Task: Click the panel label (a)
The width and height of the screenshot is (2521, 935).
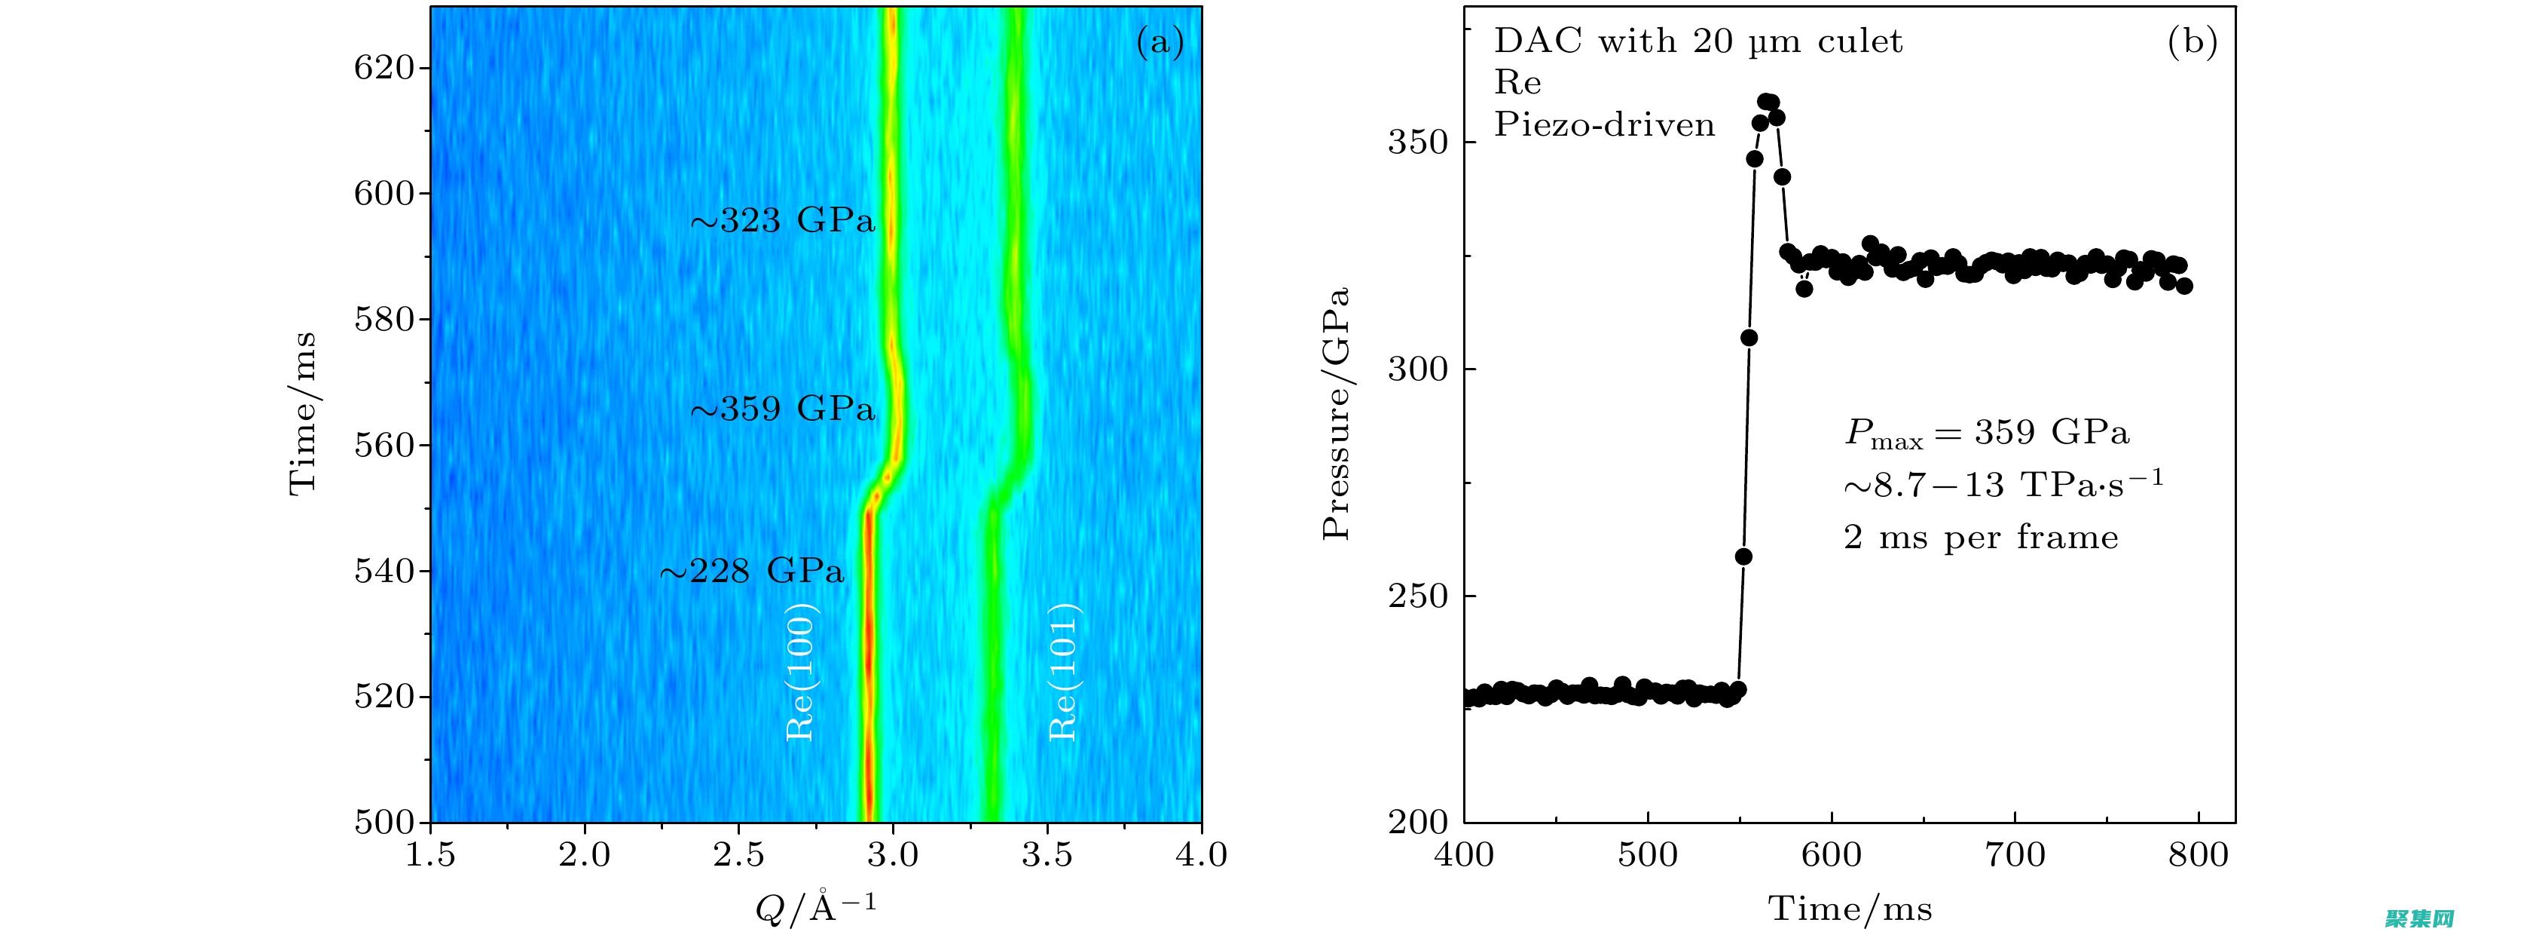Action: [x=1160, y=43]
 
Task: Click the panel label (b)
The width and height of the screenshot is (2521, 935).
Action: [x=2193, y=42]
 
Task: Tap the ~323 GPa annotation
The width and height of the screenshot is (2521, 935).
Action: [x=782, y=221]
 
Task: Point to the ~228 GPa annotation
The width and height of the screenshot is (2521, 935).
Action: [x=752, y=571]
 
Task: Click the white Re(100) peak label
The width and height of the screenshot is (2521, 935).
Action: [x=801, y=672]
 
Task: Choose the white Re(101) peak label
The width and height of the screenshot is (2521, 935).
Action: [x=1063, y=672]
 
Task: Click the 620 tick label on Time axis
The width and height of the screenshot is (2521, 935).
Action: [x=384, y=69]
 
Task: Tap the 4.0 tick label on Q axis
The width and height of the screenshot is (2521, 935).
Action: [x=1201, y=856]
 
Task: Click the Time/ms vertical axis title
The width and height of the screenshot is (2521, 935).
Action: [x=302, y=413]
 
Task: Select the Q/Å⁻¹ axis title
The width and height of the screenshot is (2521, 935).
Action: [x=815, y=909]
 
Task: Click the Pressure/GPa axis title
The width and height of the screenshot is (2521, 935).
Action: [x=1337, y=413]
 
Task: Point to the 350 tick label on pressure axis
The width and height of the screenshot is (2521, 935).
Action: [x=1417, y=143]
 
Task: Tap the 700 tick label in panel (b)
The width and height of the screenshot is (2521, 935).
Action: [x=2015, y=856]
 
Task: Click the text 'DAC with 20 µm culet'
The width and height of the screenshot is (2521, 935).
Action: [x=1698, y=41]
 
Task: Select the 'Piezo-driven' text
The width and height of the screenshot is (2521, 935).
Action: [x=1604, y=125]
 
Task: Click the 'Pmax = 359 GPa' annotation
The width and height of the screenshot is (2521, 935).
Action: [x=1987, y=433]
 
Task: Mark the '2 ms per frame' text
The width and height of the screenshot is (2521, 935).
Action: [x=1981, y=538]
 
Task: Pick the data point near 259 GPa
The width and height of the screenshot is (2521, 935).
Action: [x=1743, y=557]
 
